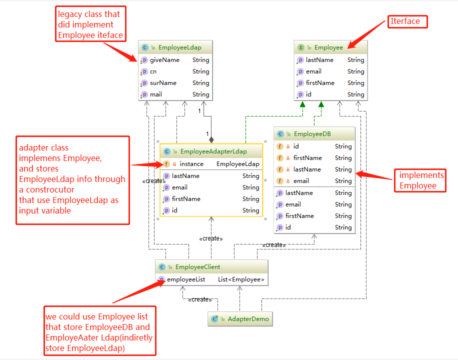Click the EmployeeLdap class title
(x=179, y=48)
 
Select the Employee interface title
(x=328, y=47)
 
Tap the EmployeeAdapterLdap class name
(x=213, y=151)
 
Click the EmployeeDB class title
(x=312, y=134)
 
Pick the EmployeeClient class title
(x=197, y=267)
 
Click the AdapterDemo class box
(x=240, y=319)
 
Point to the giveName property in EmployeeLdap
(x=164, y=60)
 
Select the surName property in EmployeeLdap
(x=163, y=83)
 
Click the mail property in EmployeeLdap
(x=156, y=94)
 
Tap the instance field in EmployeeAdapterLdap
(x=191, y=164)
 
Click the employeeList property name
(x=186, y=279)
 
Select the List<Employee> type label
(x=241, y=279)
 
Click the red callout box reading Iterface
(x=407, y=22)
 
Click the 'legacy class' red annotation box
(x=90, y=24)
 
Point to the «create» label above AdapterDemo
(x=200, y=299)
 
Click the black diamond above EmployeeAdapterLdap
(x=211, y=139)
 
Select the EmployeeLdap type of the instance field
(x=237, y=164)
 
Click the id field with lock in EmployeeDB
(x=296, y=146)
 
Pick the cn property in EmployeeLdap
(x=153, y=71)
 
